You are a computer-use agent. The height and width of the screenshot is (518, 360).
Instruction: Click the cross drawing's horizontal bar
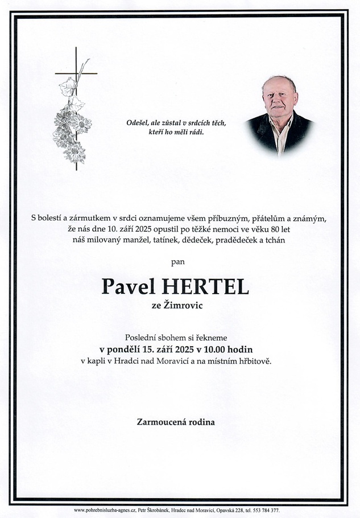[76, 73]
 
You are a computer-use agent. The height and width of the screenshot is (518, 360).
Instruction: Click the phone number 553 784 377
[266, 510]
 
